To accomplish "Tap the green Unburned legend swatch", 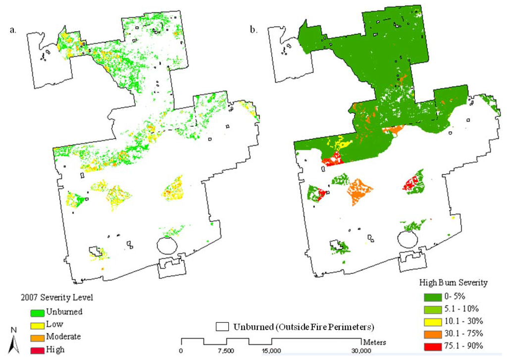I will (x=36, y=312).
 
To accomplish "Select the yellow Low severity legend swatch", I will (x=36, y=324).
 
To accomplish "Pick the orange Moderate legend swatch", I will (x=36, y=337).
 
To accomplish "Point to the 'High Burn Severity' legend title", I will (x=454, y=283).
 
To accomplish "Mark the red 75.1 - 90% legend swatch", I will (x=433, y=346).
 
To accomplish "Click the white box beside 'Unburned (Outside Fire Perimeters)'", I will (x=222, y=326).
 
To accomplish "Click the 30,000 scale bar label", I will (x=361, y=351).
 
